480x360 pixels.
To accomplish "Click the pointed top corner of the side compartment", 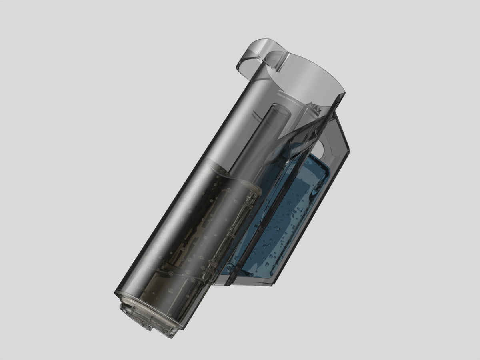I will [335, 114].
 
